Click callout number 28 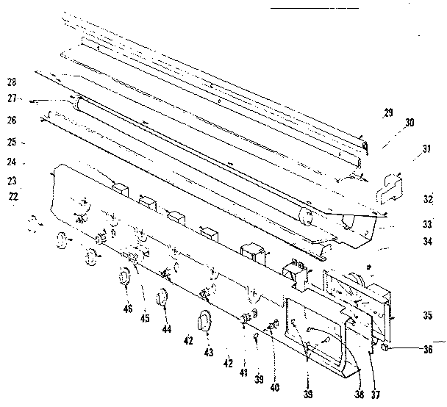click(x=11, y=82)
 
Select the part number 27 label click(x=11, y=98)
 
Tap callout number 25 click(x=11, y=142)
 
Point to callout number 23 click(x=11, y=181)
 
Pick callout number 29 click(x=388, y=112)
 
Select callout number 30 click(x=410, y=123)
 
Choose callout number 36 click(x=427, y=350)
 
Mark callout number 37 click(x=376, y=395)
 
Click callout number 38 click(x=359, y=395)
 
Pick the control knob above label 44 click(x=163, y=299)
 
